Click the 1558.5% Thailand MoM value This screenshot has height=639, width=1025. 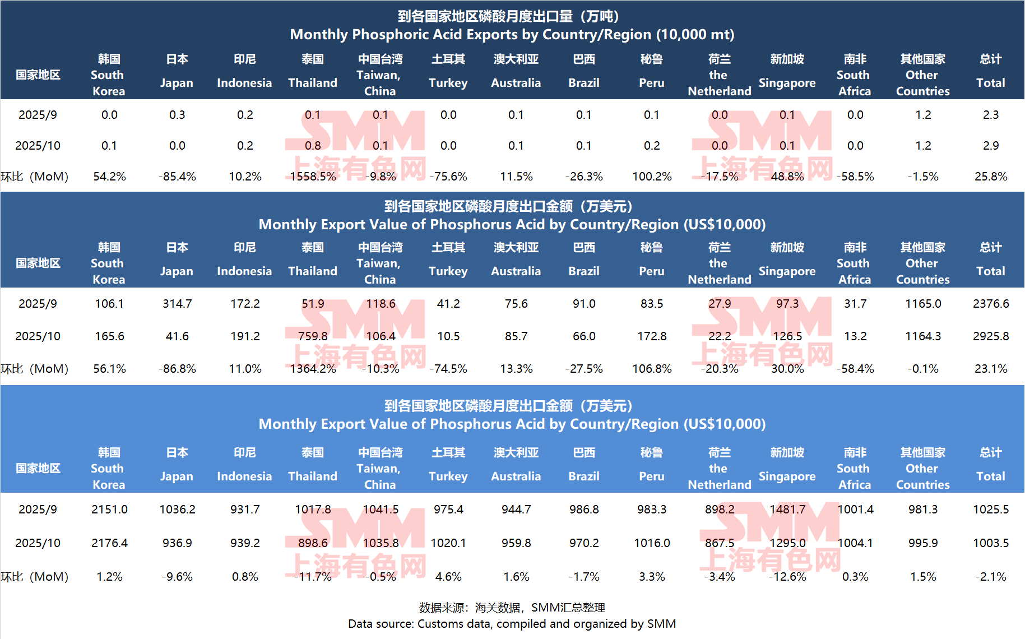click(313, 177)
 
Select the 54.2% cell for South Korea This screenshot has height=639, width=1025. click(109, 177)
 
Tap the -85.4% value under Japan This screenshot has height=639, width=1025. click(177, 177)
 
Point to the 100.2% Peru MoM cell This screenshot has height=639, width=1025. click(652, 177)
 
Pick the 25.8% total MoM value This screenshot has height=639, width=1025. click(990, 177)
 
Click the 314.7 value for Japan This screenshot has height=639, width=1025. click(177, 304)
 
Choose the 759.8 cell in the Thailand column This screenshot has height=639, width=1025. click(313, 336)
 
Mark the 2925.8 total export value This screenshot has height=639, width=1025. click(990, 336)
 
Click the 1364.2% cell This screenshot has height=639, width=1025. click(313, 369)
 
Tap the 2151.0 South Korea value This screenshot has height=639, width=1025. click(109, 510)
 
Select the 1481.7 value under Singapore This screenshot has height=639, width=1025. click(787, 510)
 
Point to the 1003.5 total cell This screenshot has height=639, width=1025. click(990, 543)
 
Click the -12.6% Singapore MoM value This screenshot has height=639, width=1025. click(787, 577)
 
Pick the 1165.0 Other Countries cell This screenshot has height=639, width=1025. click(923, 304)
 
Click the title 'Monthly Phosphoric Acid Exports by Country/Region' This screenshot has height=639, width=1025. click(512, 35)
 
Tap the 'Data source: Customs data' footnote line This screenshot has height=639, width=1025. click(512, 624)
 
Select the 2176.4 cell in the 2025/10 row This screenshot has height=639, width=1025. click(109, 543)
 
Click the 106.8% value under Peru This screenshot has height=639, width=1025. click(652, 369)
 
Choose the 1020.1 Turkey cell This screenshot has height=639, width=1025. click(448, 543)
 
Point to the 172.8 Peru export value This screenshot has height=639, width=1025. click(652, 336)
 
